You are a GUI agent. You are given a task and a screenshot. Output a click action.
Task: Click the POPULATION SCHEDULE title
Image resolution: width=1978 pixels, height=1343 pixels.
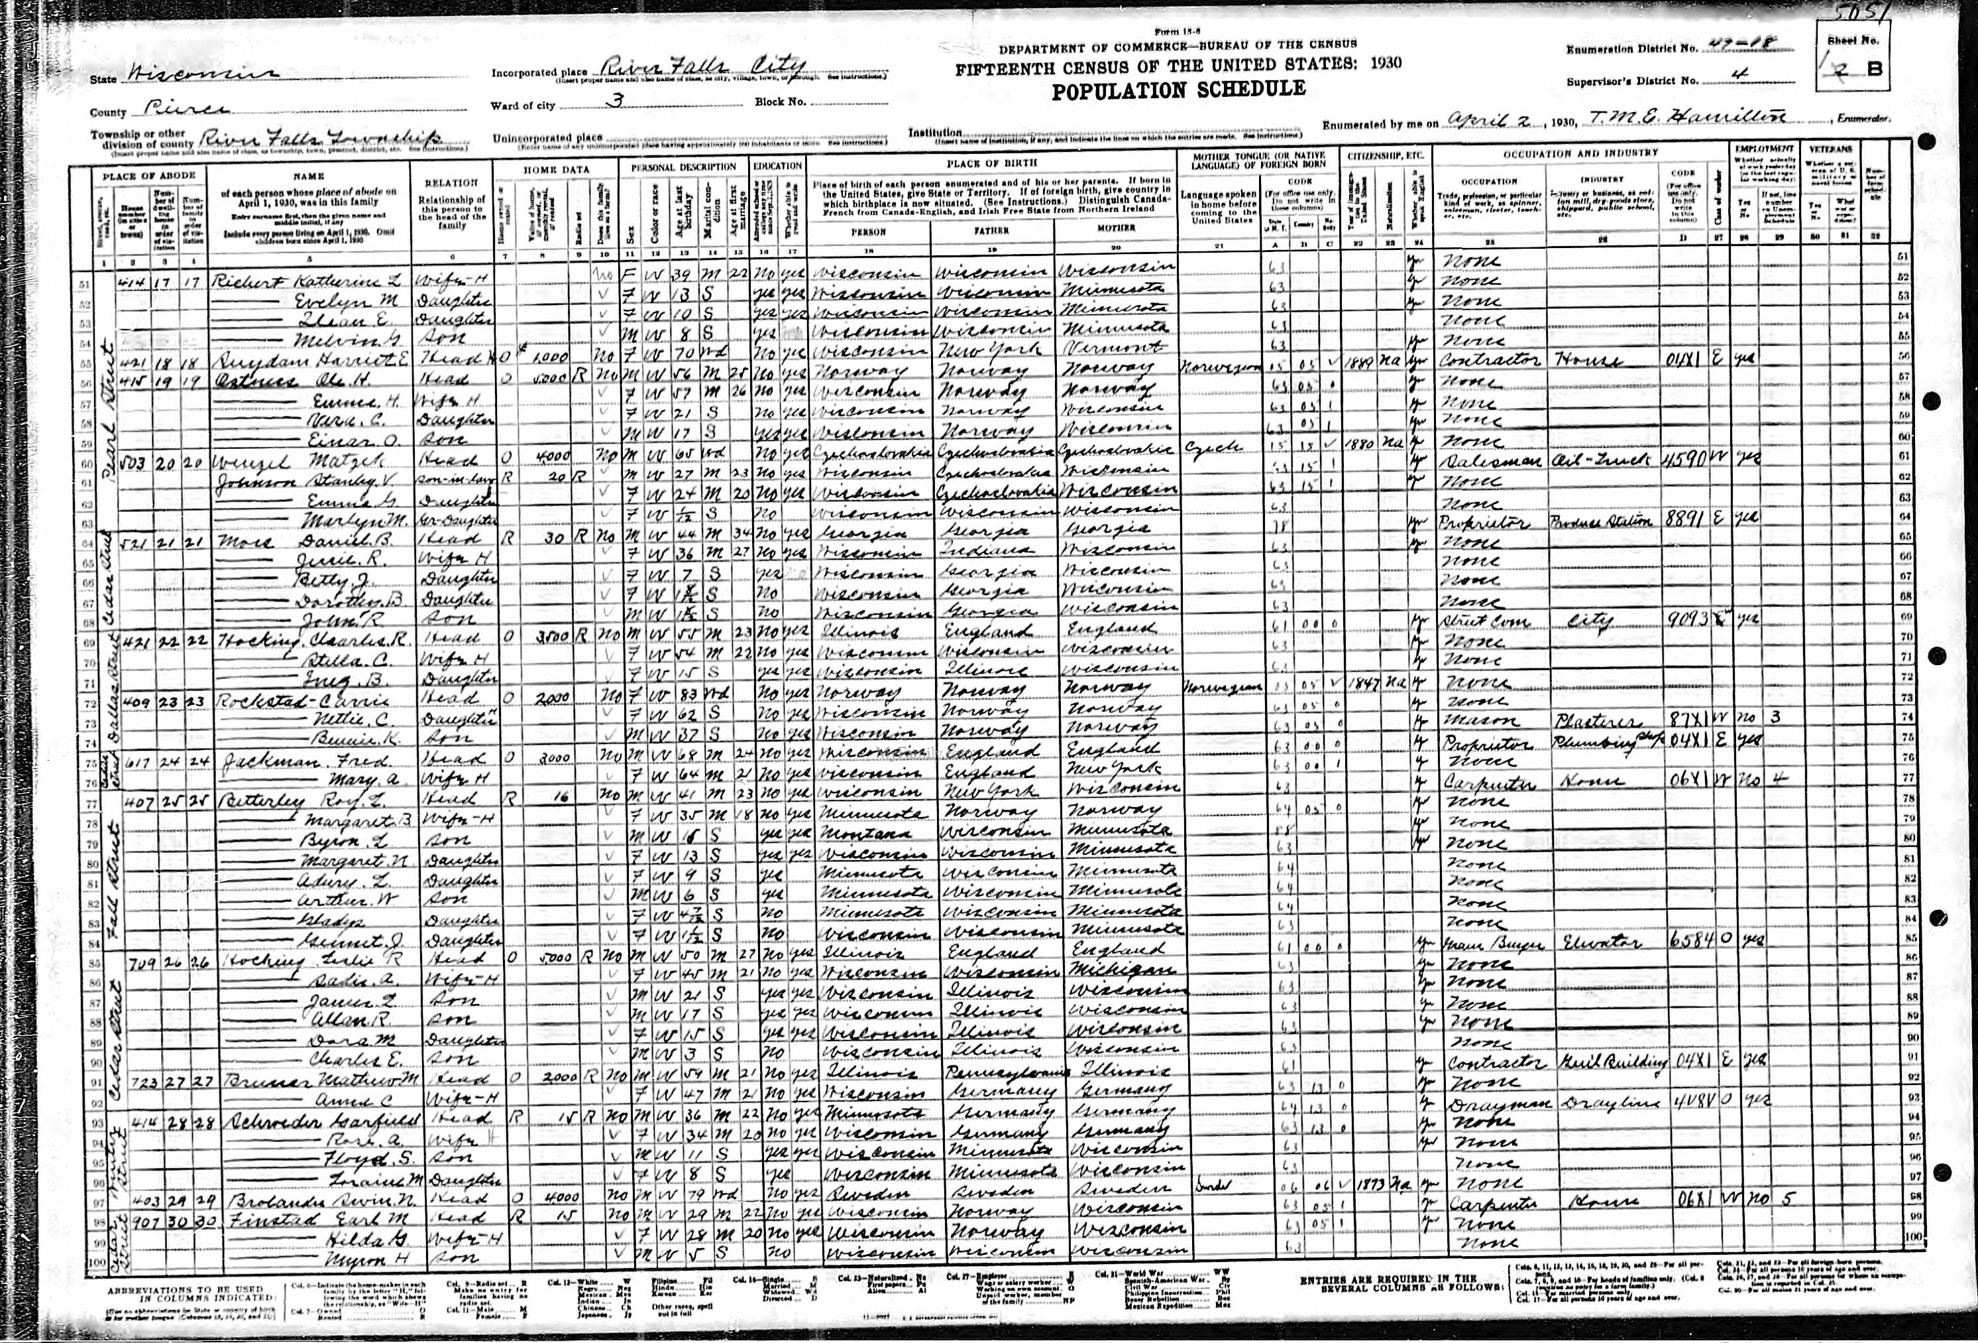(x=1178, y=89)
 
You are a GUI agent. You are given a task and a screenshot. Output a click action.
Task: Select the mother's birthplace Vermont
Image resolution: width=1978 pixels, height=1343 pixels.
(x=1107, y=349)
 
